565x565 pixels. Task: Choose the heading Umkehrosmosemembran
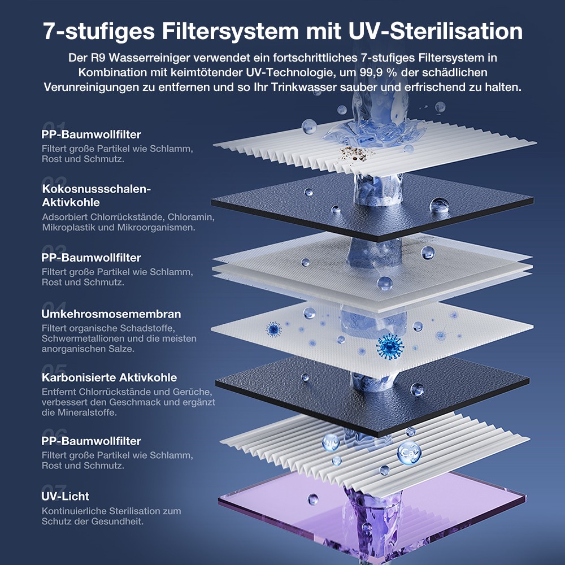coord(111,314)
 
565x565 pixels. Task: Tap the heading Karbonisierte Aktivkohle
coord(109,377)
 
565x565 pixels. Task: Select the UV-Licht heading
coord(66,496)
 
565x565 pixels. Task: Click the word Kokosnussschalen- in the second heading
coord(97,189)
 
